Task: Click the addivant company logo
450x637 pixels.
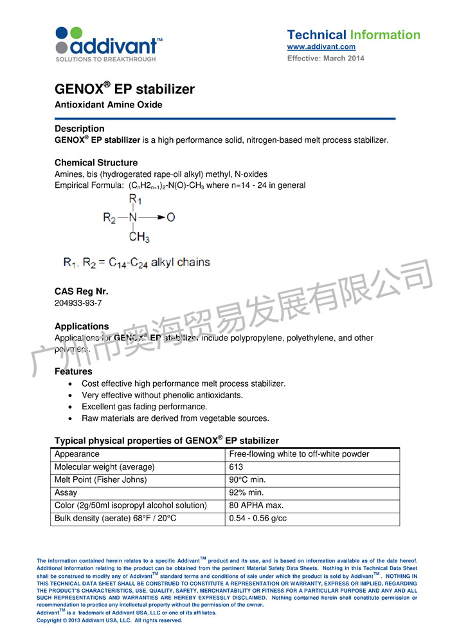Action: [108, 44]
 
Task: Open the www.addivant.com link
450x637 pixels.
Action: [321, 47]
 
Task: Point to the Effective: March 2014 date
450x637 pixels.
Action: [325, 59]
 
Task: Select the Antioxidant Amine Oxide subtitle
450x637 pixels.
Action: [108, 105]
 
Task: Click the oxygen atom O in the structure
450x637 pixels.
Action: [170, 217]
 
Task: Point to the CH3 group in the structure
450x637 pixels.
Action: [139, 237]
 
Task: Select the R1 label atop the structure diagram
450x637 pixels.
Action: [135, 199]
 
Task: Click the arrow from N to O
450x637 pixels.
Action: [153, 217]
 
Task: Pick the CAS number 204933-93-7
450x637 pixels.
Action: [78, 302]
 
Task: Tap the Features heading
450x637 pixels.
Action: [73, 371]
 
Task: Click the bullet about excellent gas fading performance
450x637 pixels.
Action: [144, 407]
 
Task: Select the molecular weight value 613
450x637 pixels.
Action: [236, 467]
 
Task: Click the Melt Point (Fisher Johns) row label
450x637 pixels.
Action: [100, 480]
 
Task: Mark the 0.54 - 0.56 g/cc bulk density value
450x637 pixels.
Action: [258, 519]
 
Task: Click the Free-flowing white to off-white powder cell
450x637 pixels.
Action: [299, 454]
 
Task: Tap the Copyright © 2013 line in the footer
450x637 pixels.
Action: [109, 621]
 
